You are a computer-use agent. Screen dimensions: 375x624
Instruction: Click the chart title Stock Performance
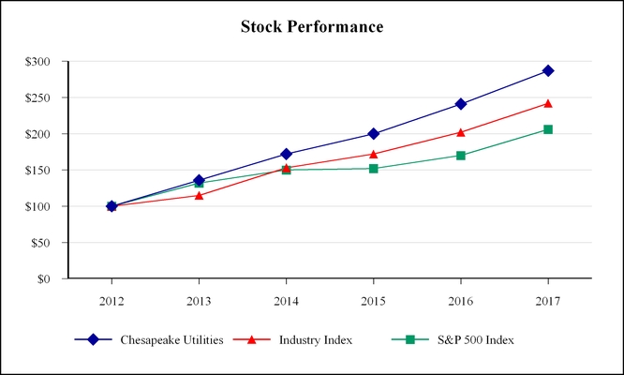(312, 26)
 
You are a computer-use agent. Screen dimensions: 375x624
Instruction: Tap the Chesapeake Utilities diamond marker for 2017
(548, 70)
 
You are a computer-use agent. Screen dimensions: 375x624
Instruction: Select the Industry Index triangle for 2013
(199, 195)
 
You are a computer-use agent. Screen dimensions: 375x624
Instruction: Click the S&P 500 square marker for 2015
(374, 169)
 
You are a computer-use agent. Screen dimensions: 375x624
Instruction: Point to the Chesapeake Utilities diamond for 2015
(374, 134)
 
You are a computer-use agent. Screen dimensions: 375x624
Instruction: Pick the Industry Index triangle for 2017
(548, 103)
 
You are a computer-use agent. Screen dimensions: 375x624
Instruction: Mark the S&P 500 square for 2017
(548, 129)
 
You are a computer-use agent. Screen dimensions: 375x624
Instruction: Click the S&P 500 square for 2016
(461, 156)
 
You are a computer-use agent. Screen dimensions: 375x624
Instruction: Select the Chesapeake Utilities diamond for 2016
(461, 104)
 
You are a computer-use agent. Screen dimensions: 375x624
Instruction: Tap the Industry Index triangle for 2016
(461, 132)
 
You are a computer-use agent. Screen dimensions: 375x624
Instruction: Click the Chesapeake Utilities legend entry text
(171, 339)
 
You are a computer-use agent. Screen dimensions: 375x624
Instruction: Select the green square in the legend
(410, 339)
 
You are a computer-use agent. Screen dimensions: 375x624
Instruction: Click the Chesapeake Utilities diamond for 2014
(287, 154)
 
